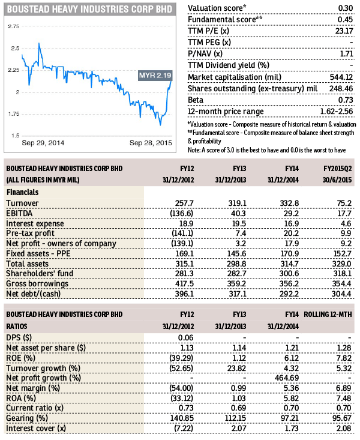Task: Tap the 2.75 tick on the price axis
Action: [x=14, y=26]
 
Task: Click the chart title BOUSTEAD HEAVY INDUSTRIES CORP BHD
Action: [x=90, y=10]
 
